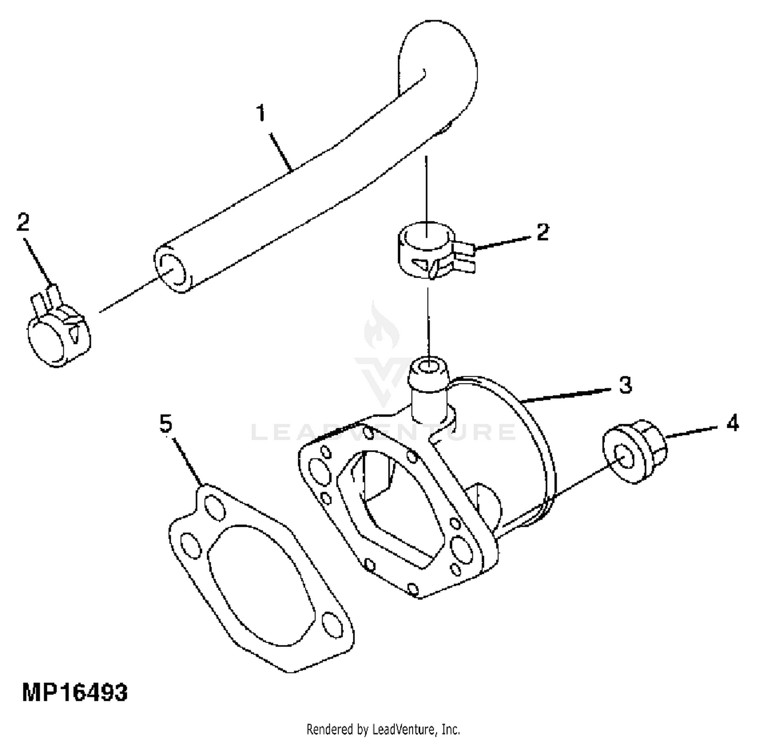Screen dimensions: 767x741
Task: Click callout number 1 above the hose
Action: pyautogui.click(x=261, y=113)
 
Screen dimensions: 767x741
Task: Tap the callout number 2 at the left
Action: pyautogui.click(x=23, y=222)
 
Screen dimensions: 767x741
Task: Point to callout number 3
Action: pyautogui.click(x=625, y=385)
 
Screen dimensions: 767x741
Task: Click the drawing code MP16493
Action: pyautogui.click(x=75, y=693)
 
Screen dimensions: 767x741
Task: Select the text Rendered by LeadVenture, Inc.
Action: pyautogui.click(x=383, y=729)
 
